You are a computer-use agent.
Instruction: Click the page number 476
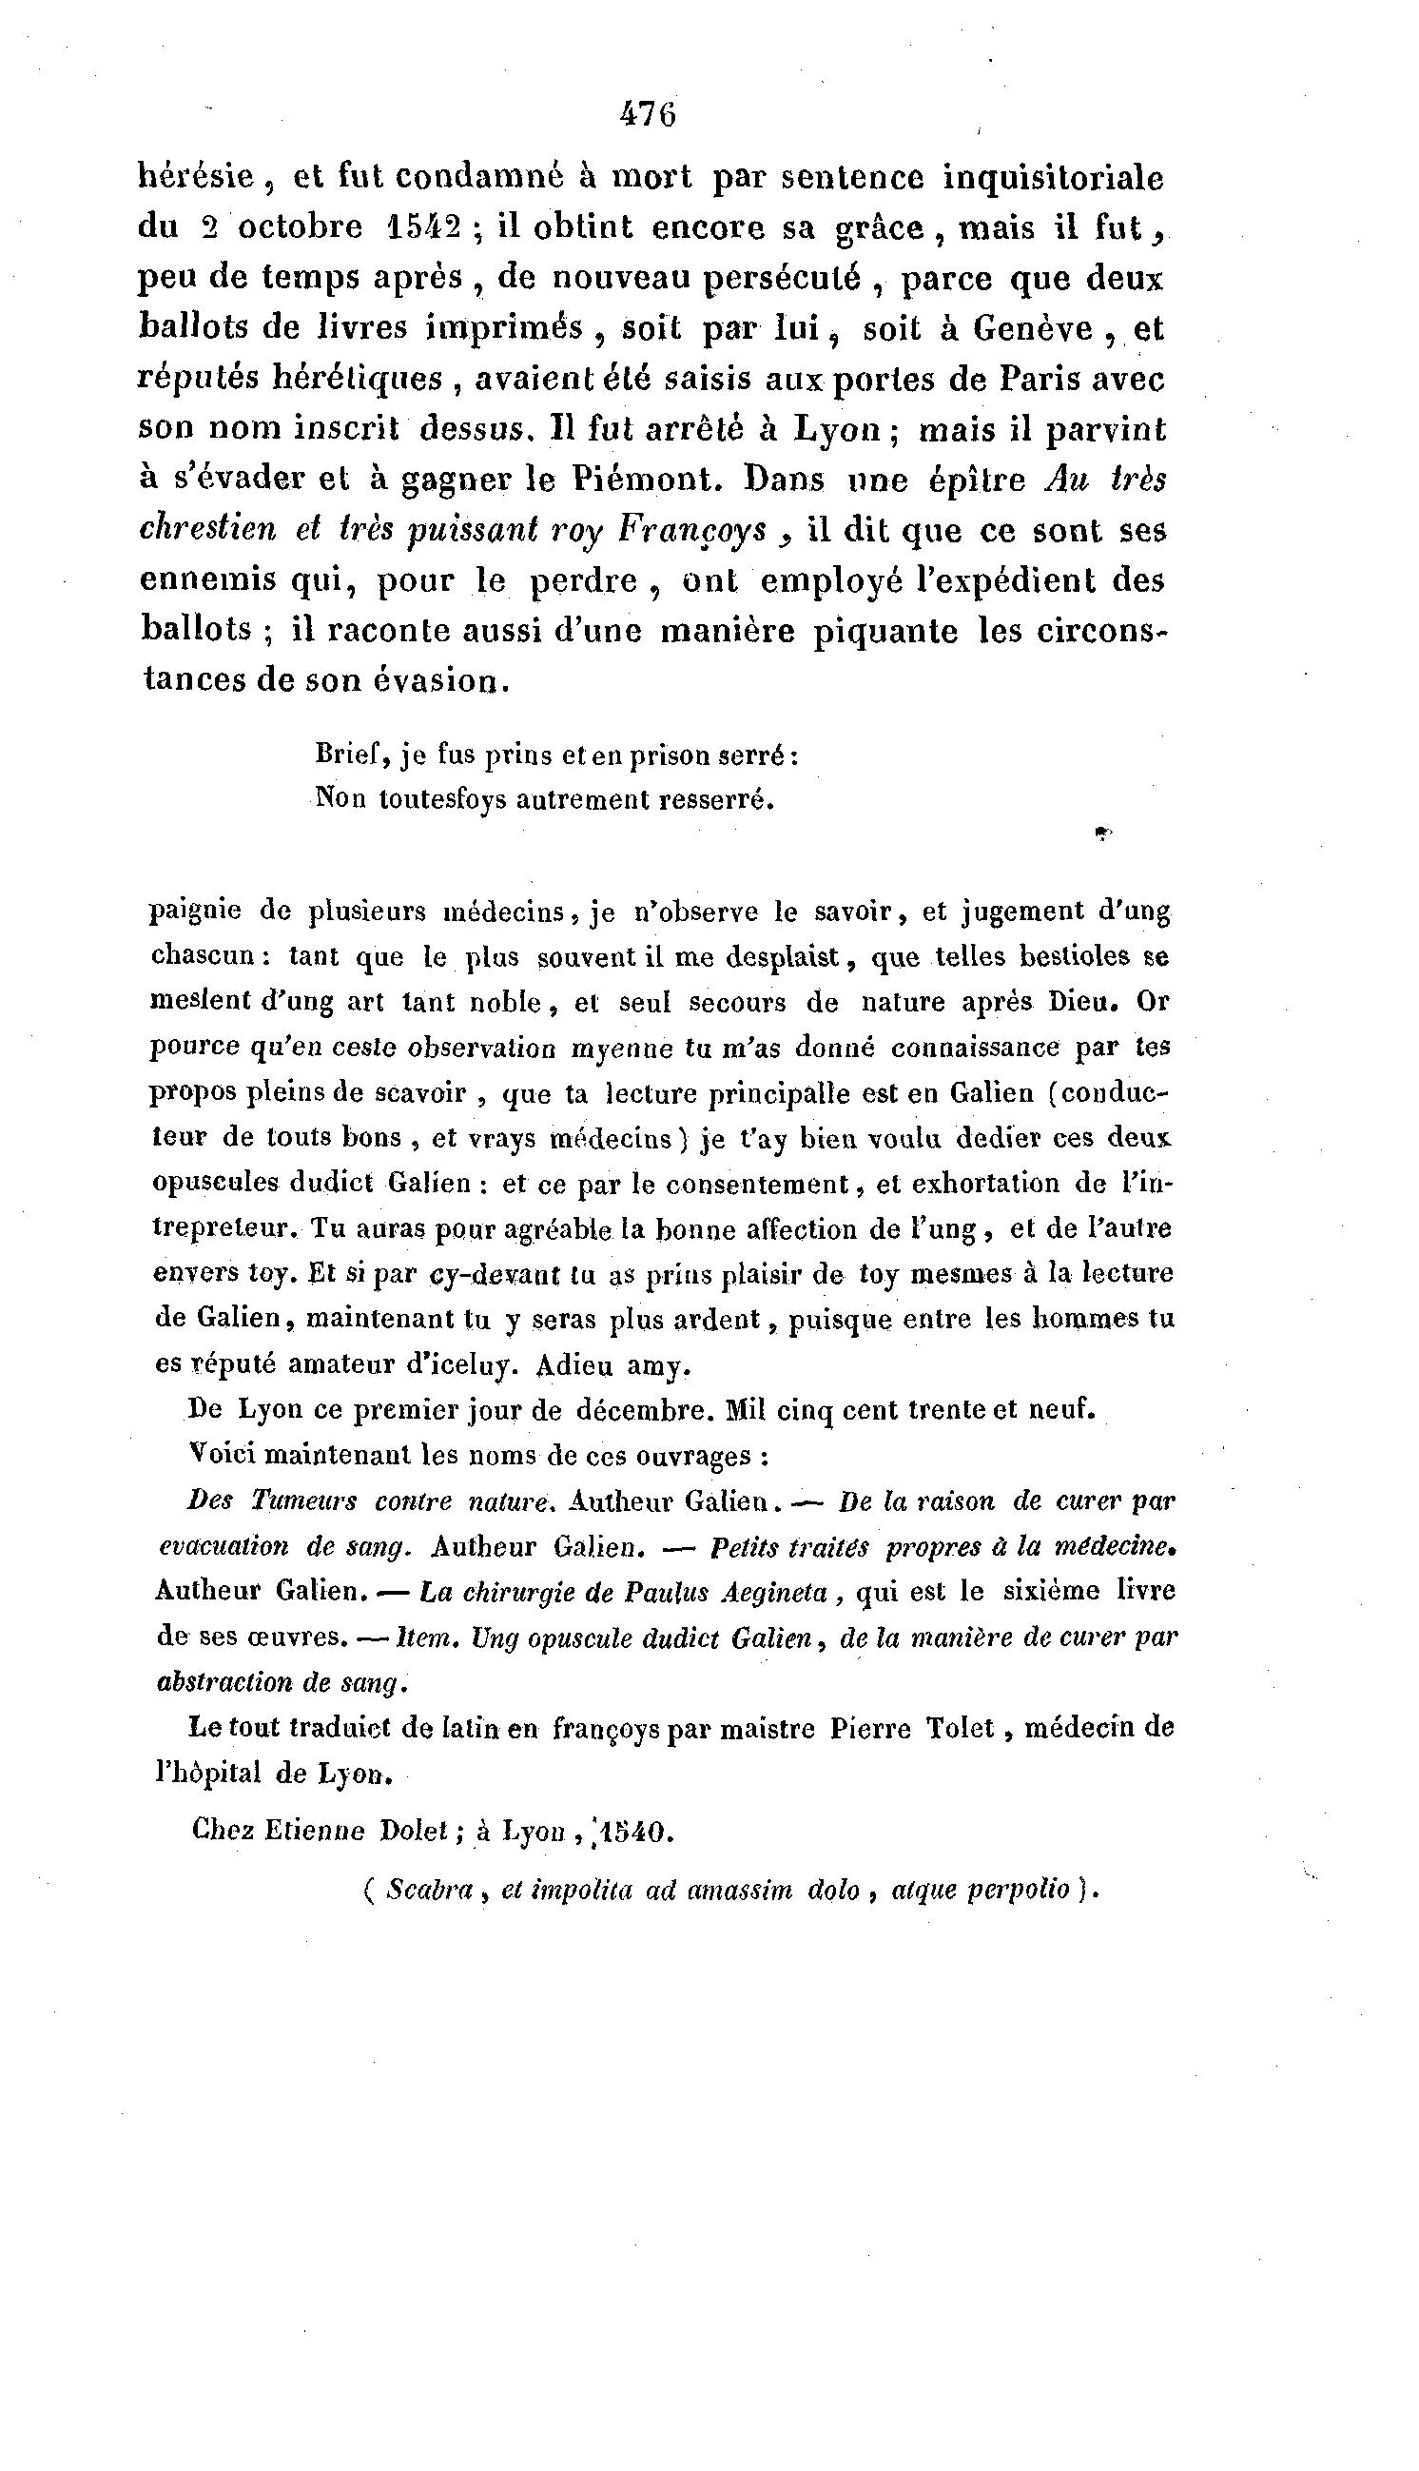point(647,115)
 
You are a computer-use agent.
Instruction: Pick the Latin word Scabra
point(429,1890)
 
